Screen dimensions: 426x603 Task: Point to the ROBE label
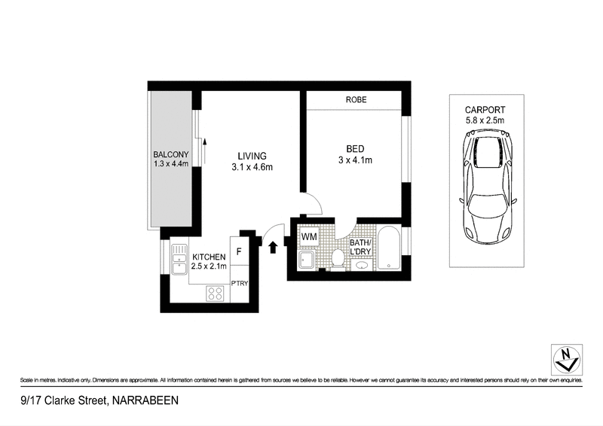pos(356,100)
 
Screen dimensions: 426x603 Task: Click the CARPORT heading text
pos(485,108)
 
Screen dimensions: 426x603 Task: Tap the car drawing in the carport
pos(486,185)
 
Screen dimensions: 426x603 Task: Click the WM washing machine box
pos(309,238)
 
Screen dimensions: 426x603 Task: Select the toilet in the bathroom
pos(338,257)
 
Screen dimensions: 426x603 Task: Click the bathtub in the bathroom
pos(388,250)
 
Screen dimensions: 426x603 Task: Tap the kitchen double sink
pos(179,260)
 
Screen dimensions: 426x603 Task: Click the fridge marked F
pos(239,251)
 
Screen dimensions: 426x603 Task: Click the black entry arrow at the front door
pos(273,245)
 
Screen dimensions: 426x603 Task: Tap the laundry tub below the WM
pos(307,260)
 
